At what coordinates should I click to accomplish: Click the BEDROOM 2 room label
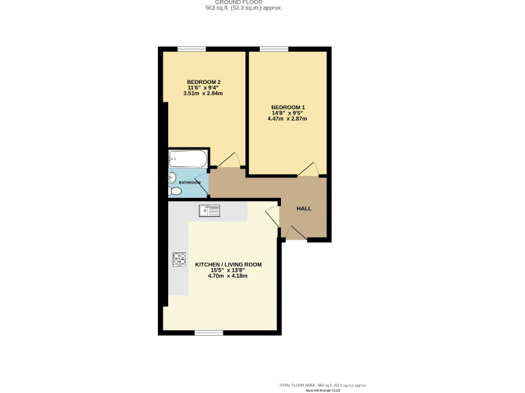[x=204, y=83]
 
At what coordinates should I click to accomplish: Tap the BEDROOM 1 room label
[x=287, y=107]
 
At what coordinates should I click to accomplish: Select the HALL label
[x=304, y=208]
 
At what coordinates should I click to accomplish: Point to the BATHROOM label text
[x=189, y=183]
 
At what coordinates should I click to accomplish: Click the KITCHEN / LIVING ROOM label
[x=228, y=264]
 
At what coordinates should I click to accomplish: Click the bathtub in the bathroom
[x=187, y=159]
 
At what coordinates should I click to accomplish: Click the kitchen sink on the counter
[x=209, y=210]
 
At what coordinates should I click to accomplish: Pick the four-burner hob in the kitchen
[x=179, y=259]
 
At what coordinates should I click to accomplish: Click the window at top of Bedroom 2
[x=192, y=48]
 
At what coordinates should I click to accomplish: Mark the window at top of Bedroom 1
[x=274, y=48]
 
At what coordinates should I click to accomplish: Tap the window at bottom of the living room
[x=208, y=333]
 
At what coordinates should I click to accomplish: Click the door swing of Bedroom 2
[x=231, y=160]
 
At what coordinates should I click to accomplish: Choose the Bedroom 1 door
[x=308, y=170]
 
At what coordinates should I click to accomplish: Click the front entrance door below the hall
[x=295, y=234]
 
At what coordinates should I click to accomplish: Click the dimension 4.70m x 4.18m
[x=228, y=276]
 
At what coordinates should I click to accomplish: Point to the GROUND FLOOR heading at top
[x=244, y=3]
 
